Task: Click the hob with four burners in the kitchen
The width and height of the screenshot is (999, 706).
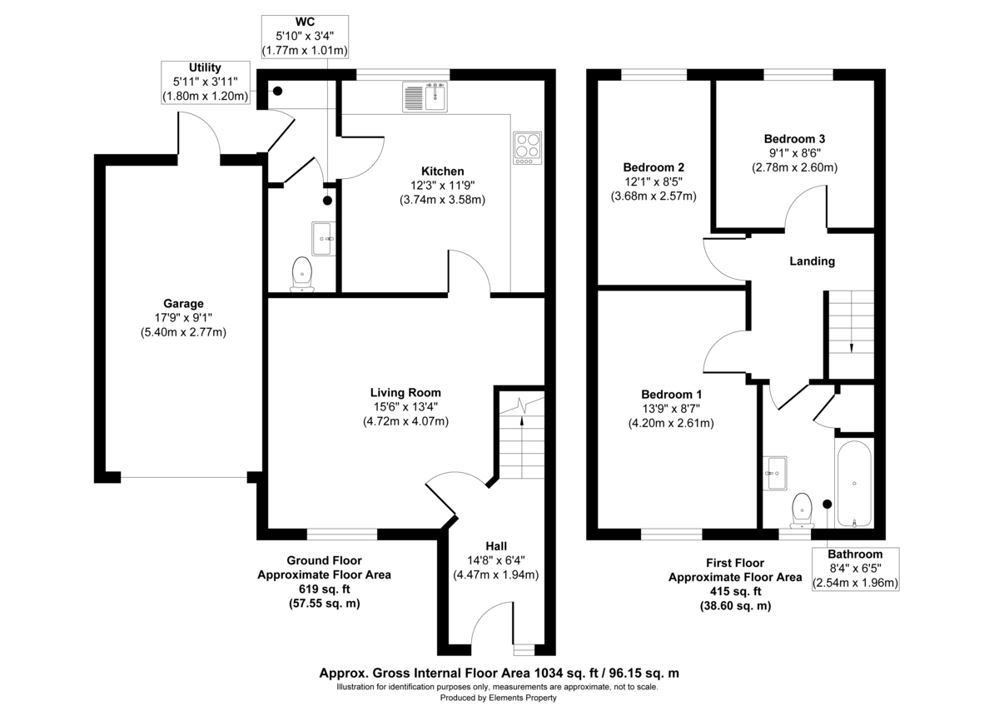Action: pos(526,148)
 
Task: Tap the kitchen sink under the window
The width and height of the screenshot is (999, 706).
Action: pos(426,97)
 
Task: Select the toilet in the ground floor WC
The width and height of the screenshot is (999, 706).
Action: pos(302,274)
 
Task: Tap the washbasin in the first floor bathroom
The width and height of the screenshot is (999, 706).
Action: pos(775,474)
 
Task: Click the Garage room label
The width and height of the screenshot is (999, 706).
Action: pos(183,304)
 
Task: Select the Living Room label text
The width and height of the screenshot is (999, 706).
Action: pos(405,392)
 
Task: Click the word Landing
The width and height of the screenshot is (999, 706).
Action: pos(812,261)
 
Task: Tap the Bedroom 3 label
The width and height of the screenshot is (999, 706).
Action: pos(793,138)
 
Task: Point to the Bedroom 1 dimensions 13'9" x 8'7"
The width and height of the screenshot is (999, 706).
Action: pos(671,409)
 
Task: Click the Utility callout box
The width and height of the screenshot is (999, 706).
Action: pos(206,82)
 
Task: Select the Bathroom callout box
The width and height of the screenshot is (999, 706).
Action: pos(855,568)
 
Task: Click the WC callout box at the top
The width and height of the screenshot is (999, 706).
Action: pos(304,36)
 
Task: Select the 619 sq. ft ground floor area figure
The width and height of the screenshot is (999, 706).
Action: pos(324,589)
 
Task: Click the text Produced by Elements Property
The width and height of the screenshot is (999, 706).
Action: pos(499,698)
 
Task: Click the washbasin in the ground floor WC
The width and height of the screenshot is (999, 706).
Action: pos(323,239)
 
